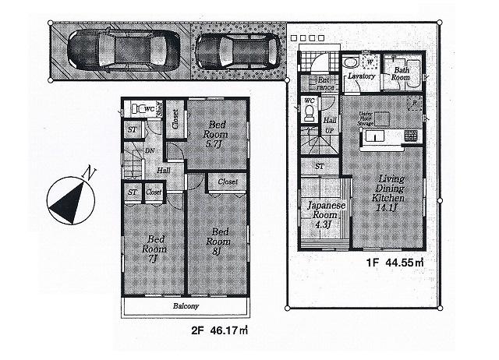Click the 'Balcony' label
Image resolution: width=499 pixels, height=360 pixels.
pos(185,307)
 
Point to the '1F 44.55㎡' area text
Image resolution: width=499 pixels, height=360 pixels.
pos(396,262)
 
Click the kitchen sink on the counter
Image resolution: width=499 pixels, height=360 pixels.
pos(372,138)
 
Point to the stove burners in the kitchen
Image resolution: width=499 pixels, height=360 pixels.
pos(412,137)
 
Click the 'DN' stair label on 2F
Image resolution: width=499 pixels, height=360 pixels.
pos(147,150)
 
